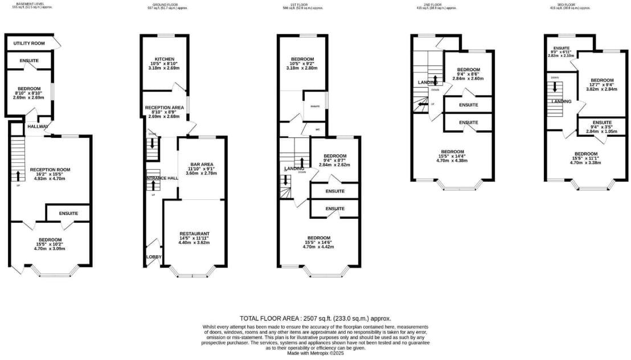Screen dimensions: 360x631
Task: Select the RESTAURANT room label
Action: (195, 234)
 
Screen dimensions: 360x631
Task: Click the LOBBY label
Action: (154, 257)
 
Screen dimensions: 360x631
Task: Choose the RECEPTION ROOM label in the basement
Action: (50, 170)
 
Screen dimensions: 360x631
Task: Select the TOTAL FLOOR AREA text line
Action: (315, 318)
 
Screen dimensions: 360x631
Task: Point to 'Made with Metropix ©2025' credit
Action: (315, 353)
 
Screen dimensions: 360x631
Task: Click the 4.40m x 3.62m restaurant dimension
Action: (195, 243)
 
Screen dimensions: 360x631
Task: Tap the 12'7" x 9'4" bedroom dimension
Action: (601, 85)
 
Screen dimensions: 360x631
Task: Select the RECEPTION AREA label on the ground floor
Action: (164, 107)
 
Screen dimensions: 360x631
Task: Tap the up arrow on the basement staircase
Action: (17, 175)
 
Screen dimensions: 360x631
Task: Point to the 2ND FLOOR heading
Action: (433, 4)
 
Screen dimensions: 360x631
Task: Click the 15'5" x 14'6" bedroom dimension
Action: (319, 243)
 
